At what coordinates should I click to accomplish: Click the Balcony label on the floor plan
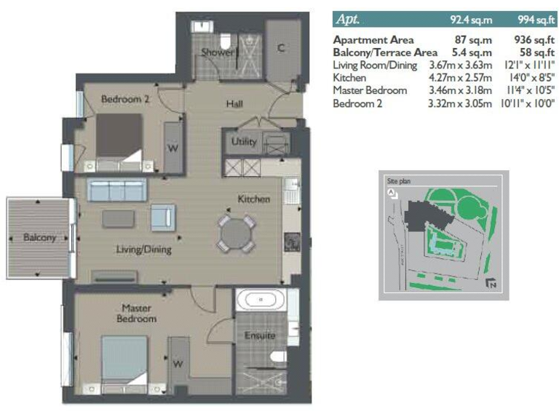click(39, 238)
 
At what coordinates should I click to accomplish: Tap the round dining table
click(237, 234)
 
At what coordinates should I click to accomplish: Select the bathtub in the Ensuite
click(261, 300)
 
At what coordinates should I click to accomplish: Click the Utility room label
click(244, 142)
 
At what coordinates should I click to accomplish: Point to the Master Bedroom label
click(136, 314)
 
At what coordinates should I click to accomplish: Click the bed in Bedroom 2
click(119, 136)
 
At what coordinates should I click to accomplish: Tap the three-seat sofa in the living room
click(116, 191)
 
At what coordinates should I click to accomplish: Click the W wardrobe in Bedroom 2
click(173, 148)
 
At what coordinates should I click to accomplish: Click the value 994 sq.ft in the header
click(533, 20)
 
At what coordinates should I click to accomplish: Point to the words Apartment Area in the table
click(373, 41)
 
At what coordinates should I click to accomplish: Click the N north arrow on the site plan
click(492, 284)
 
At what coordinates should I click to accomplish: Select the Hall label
click(234, 105)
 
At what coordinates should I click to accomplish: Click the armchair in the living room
click(162, 217)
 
